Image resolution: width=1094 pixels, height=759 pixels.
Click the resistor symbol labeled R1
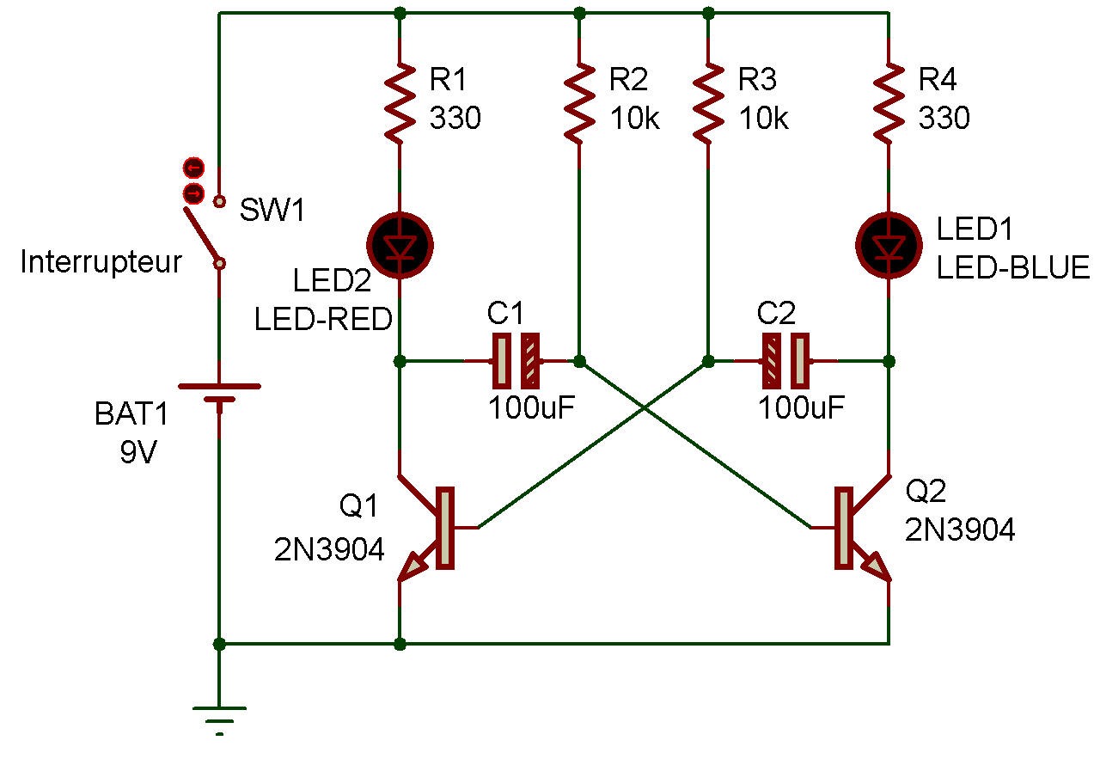coord(400,102)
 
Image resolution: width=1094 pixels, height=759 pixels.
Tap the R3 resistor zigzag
coord(708,102)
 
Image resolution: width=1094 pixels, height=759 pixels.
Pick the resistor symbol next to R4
coord(889,102)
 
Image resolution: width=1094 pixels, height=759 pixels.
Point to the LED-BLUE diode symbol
coord(889,247)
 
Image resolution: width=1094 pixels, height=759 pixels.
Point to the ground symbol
coord(219,713)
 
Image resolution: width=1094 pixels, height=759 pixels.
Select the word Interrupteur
coord(101,262)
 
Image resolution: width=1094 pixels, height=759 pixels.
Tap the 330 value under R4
coord(944,118)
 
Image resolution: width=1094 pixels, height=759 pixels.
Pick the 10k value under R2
coord(634,118)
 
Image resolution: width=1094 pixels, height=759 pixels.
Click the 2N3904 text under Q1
coord(329,548)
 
